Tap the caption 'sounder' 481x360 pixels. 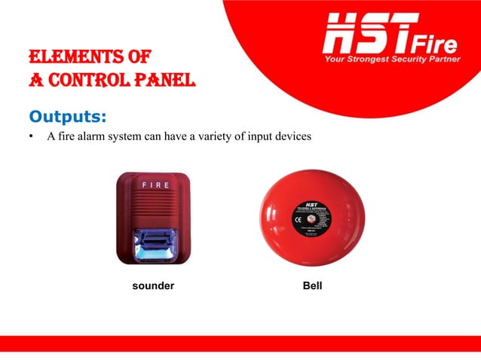(x=153, y=287)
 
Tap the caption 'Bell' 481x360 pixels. (x=311, y=287)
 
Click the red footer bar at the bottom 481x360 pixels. (x=240, y=343)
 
